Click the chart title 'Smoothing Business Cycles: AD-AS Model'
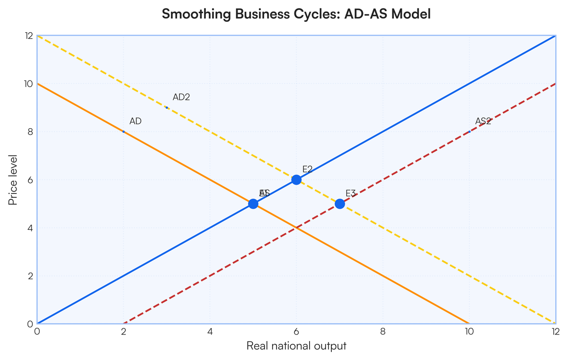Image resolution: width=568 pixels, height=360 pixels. click(296, 14)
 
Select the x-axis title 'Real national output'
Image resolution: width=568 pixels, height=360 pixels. click(296, 346)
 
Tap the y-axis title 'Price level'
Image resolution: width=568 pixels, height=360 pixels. click(13, 180)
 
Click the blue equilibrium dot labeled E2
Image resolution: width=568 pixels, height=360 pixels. click(296, 180)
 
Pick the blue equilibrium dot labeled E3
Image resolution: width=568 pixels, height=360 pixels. click(339, 204)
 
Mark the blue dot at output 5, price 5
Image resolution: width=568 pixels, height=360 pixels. click(253, 204)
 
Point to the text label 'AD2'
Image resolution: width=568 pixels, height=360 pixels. click(181, 97)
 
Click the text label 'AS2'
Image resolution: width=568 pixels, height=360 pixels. click(483, 122)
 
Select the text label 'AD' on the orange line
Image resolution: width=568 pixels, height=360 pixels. click(135, 122)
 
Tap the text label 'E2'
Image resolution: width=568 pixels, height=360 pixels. click(308, 169)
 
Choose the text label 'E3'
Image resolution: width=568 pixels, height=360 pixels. click(351, 193)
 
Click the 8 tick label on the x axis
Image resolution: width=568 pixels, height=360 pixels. click(382, 332)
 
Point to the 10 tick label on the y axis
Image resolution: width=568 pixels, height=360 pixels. click(28, 84)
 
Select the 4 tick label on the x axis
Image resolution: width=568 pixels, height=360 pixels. click(210, 332)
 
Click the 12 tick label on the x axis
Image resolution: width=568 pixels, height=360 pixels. click(555, 332)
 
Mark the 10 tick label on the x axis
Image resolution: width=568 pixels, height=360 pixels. click(469, 332)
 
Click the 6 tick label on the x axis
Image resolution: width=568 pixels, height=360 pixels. click(296, 332)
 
